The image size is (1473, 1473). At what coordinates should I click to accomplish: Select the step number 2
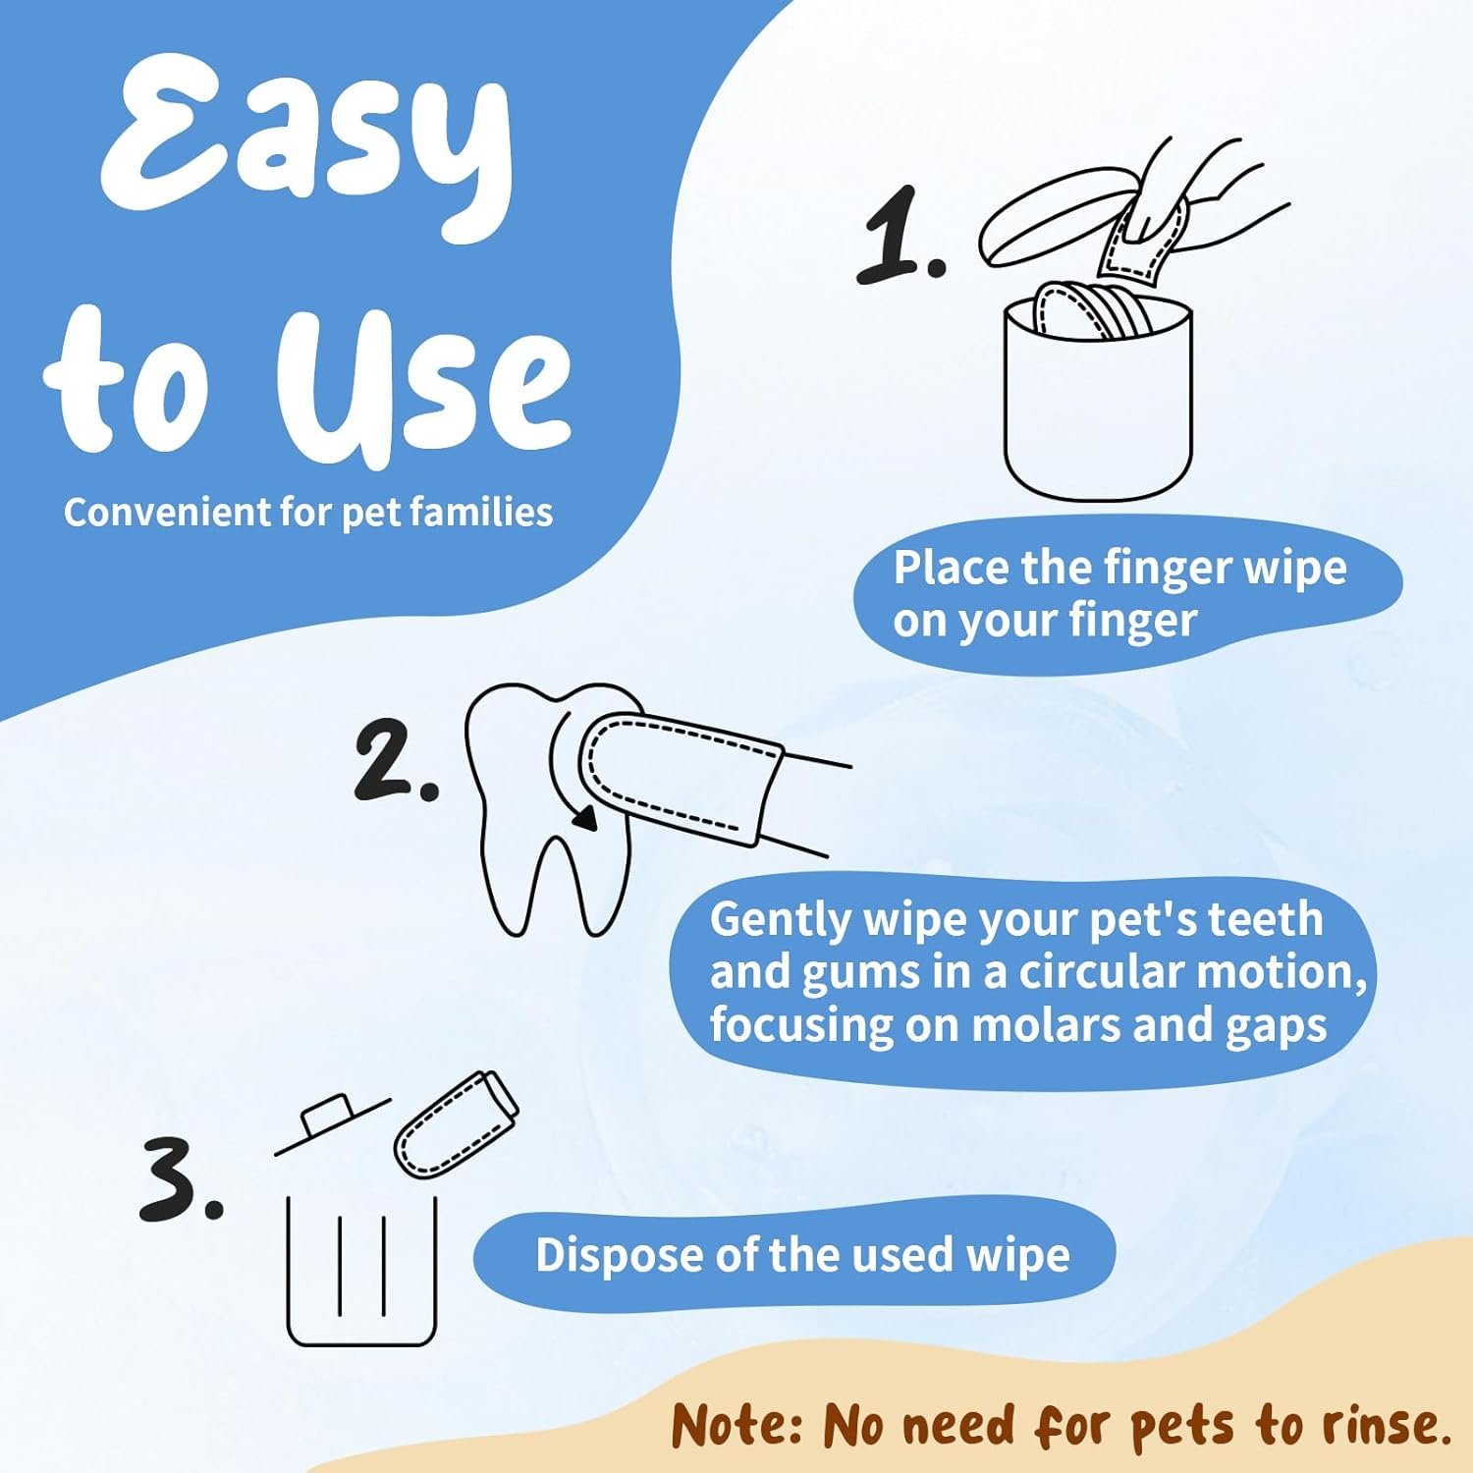(x=395, y=757)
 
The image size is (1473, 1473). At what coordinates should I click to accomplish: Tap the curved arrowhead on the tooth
(x=586, y=818)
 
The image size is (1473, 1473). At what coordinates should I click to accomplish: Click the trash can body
(x=361, y=1271)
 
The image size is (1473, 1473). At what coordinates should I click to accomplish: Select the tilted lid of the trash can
(x=332, y=1125)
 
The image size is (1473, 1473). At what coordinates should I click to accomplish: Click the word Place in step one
(x=952, y=568)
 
